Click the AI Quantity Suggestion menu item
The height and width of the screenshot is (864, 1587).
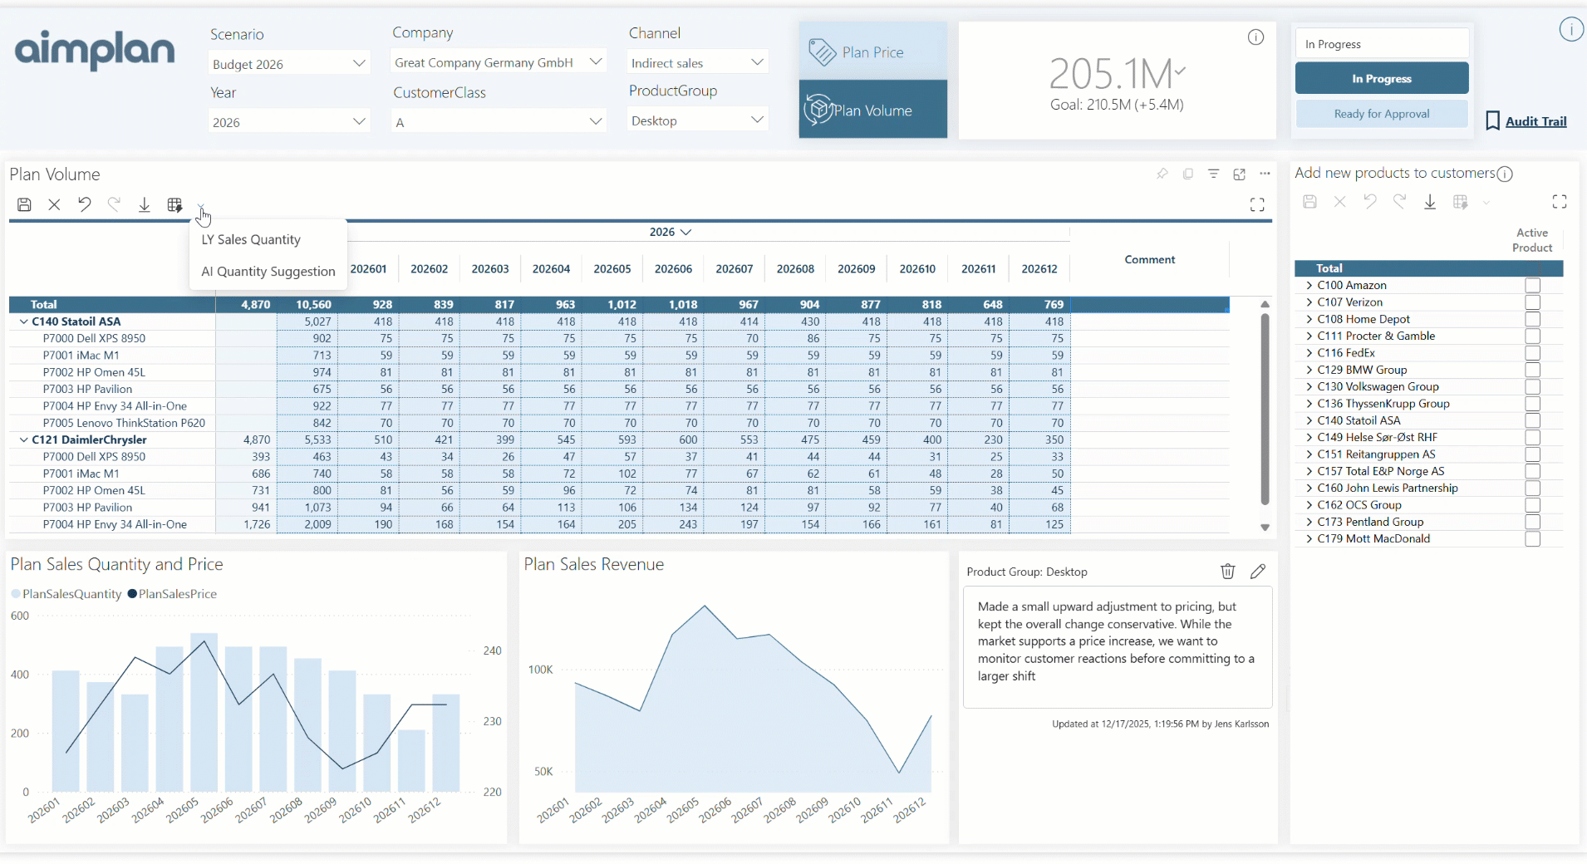pos(268,272)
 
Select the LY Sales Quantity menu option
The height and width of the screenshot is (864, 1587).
pos(251,240)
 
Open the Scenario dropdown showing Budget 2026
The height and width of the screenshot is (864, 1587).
pos(288,64)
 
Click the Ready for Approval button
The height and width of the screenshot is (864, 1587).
pos(1381,114)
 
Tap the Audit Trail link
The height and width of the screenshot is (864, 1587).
pos(1535,121)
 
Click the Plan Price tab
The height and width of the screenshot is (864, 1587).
pos(872,52)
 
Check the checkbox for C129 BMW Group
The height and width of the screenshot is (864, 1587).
pos(1532,371)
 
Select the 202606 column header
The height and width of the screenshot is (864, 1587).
pos(673,269)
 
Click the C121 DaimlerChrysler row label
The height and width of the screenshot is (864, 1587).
pos(89,440)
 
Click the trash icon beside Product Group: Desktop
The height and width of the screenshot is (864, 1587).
pos(1227,572)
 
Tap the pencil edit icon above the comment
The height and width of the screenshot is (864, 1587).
pos(1257,572)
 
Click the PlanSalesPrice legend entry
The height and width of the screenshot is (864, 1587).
pos(177,594)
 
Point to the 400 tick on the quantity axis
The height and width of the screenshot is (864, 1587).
pos(20,675)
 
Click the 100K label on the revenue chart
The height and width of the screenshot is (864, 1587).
pos(540,670)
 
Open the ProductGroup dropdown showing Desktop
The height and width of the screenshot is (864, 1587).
pos(697,121)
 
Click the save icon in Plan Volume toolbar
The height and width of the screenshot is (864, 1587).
pos(24,205)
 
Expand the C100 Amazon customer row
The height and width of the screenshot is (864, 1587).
pos(1309,286)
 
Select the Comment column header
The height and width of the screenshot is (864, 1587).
pos(1149,260)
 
